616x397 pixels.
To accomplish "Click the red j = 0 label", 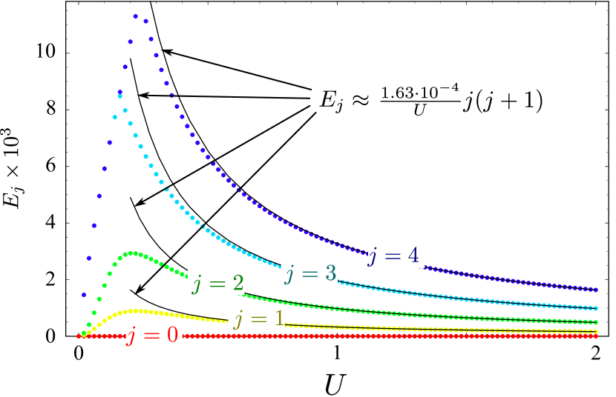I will (x=154, y=336).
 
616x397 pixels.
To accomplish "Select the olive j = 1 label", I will (x=256, y=319).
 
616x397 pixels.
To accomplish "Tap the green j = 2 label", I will (x=216, y=283).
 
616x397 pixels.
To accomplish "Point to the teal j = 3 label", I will (x=309, y=274).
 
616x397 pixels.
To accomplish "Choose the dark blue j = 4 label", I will (x=396, y=256).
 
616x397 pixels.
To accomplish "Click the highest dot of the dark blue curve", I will (x=136, y=16).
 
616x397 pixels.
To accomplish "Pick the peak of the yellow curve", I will (x=137, y=310).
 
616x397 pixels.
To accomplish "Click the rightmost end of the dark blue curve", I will (x=597, y=289).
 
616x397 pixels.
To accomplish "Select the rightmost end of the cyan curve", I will (x=597, y=307).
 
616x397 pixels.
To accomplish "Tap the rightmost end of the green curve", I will (x=597, y=322).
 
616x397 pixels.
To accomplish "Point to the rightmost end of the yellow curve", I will (x=597, y=331).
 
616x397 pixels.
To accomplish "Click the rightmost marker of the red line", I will (x=597, y=336).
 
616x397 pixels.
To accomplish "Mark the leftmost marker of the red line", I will (x=79, y=336).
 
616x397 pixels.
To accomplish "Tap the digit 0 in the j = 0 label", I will (x=171, y=336).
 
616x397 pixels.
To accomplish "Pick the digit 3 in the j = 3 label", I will (x=329, y=274).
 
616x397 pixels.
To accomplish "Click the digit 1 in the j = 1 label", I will (x=278, y=319).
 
